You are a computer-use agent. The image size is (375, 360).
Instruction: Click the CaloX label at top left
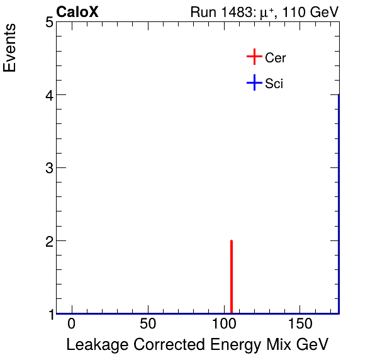pos(77,12)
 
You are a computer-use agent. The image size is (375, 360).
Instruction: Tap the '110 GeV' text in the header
pos(310,12)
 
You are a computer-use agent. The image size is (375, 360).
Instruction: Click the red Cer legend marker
pos(254,57)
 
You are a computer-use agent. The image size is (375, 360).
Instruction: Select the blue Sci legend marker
pos(254,83)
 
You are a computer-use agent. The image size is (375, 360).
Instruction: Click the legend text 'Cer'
pos(276,58)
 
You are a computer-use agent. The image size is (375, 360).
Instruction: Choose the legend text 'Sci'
pos(274,84)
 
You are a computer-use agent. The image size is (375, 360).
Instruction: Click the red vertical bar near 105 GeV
pos(232,277)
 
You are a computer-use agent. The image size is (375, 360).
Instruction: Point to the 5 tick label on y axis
pos(49,23)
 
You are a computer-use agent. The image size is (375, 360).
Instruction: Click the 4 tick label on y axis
pos(49,95)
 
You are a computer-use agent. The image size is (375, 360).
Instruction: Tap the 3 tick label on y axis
pos(49,168)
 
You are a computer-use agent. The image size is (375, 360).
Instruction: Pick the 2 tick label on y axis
pos(49,241)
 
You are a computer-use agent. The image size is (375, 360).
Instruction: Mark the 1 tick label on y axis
pos(49,313)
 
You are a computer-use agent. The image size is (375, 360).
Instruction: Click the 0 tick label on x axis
pos(72,325)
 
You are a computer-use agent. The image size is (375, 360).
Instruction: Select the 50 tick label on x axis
pos(148,325)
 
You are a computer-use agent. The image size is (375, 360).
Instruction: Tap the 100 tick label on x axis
pos(223,325)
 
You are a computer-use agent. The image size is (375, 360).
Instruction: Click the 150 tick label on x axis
pos(299,325)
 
